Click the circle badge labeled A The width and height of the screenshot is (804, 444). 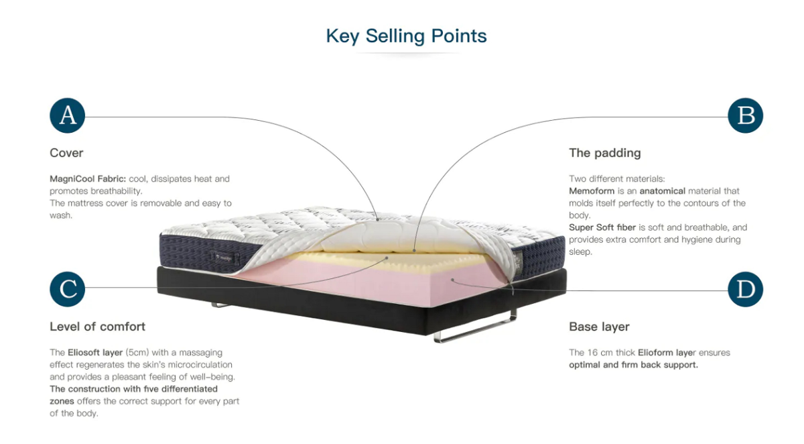click(68, 115)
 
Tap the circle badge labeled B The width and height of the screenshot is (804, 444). click(745, 115)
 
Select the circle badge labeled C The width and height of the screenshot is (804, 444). click(68, 289)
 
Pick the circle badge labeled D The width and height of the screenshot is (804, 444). click(745, 289)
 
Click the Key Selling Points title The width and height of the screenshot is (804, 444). click(406, 36)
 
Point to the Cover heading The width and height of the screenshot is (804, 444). click(66, 153)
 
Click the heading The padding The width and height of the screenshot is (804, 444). click(604, 153)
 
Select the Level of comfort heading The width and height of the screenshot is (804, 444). click(97, 327)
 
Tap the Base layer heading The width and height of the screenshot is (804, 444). click(599, 327)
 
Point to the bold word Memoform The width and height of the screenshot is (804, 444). click(592, 191)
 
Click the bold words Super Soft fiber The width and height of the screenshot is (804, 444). click(602, 227)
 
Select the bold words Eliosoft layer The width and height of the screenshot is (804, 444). click(95, 352)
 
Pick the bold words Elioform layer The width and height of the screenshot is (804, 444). click(666, 352)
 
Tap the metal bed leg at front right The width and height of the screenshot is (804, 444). click(476, 331)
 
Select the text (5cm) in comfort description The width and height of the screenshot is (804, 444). click(139, 352)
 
